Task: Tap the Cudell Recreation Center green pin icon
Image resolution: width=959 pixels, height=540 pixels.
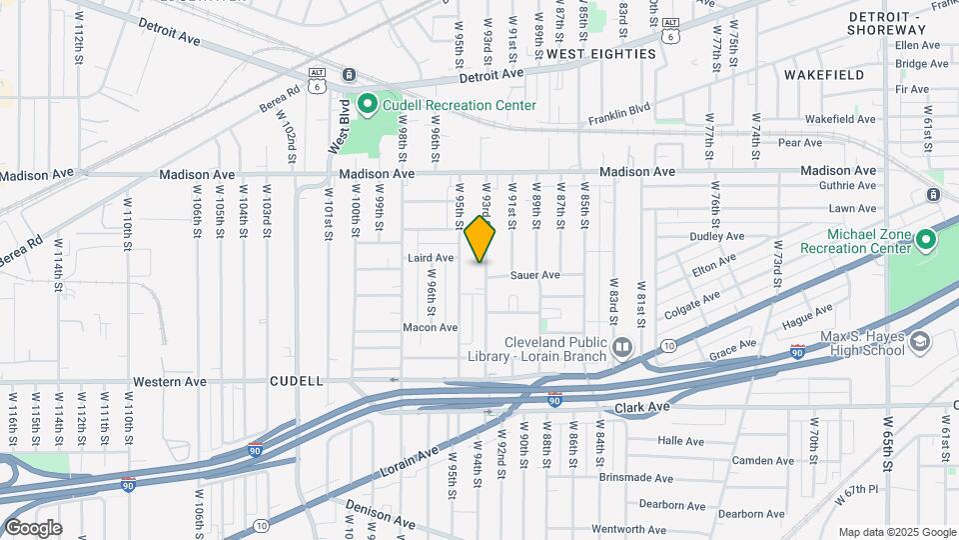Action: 367,104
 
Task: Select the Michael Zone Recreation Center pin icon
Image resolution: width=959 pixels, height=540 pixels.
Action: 925,239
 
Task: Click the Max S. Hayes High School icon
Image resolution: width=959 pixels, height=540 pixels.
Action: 918,343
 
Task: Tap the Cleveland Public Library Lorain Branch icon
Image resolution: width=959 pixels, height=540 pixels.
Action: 622,347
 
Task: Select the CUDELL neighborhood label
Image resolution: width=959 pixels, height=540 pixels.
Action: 297,381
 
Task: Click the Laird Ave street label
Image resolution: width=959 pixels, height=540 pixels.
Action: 432,258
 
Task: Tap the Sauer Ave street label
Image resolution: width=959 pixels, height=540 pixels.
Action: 534,275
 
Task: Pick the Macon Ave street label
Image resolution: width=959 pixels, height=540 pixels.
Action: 430,327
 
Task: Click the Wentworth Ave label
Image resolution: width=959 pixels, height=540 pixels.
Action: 629,529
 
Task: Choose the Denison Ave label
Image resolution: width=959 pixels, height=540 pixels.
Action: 381,516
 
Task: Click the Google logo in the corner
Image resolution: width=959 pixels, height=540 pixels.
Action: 32,528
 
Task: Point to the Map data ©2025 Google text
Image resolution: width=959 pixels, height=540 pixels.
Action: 897,532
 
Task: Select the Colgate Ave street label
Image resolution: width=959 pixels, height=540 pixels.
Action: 693,302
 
